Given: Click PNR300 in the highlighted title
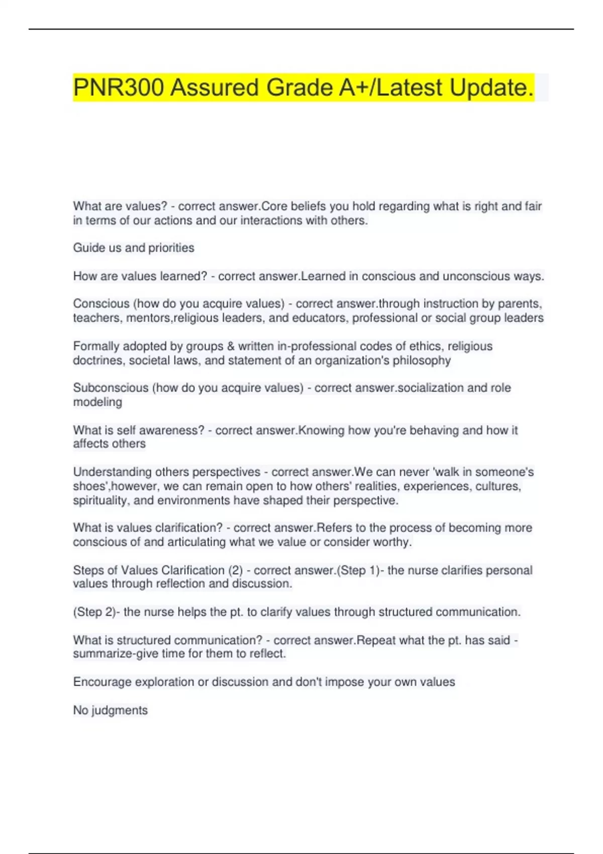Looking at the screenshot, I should click(118, 88).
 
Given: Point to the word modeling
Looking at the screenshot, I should click(97, 402).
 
